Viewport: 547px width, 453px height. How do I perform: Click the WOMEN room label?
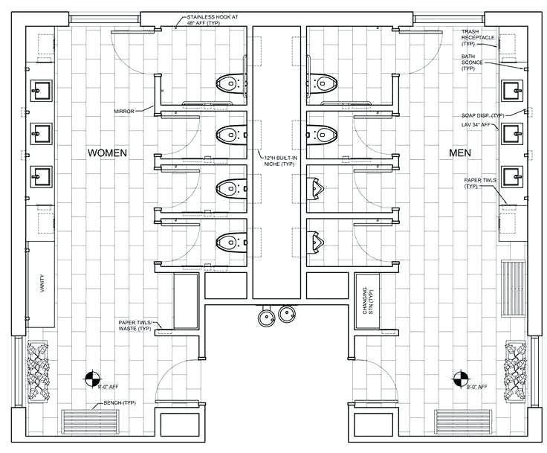coord(108,152)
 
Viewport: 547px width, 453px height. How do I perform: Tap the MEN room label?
coord(461,152)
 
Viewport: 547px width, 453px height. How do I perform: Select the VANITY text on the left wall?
coord(41,286)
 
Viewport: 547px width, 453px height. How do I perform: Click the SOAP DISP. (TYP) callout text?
coord(482,115)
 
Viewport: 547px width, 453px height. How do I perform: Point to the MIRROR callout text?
coord(124,111)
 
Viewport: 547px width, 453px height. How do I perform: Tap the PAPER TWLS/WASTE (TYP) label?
coord(135,325)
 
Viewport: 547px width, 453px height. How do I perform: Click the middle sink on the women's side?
coord(41,133)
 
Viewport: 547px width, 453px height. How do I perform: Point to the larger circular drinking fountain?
coord(265,318)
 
